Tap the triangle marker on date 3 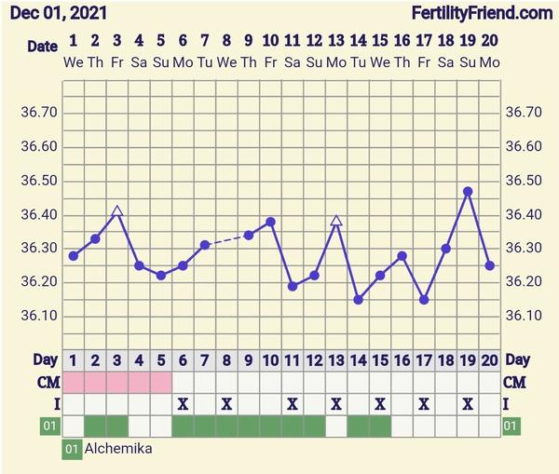coord(116,212)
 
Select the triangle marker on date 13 coord(336,221)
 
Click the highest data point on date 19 coord(468,191)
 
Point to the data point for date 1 coord(73,255)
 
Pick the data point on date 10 coord(270,222)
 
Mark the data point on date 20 coord(490,265)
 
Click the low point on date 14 coord(358,299)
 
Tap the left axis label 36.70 coord(39,113)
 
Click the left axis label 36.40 coord(39,214)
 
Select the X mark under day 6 coord(183,403)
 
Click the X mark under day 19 coord(468,403)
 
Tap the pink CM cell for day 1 coord(73,382)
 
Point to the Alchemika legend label coord(118,449)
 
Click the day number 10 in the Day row coord(270,359)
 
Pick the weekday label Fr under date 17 coord(424,61)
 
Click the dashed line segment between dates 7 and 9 coord(227,239)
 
